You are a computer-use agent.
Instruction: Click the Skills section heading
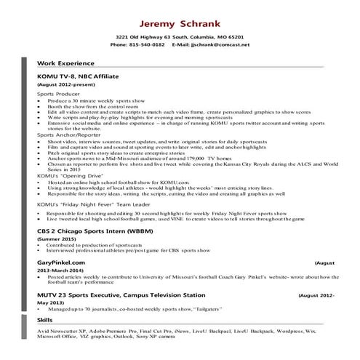pyautogui.click(x=44, y=319)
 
